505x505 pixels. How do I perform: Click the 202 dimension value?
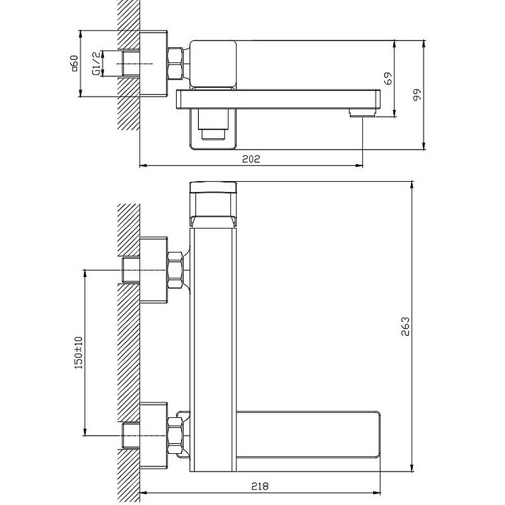(251, 159)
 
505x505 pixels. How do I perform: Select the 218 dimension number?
(259, 486)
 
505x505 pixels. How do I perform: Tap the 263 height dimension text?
(405, 326)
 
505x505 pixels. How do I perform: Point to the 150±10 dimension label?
(78, 353)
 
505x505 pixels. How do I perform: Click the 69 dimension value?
(388, 78)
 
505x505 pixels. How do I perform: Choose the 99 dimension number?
(417, 95)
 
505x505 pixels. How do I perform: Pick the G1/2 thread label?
(97, 64)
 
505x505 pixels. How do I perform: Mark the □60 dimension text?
(74, 63)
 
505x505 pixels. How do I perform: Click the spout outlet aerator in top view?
(362, 113)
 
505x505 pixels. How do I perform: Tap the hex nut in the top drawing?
(175, 64)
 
